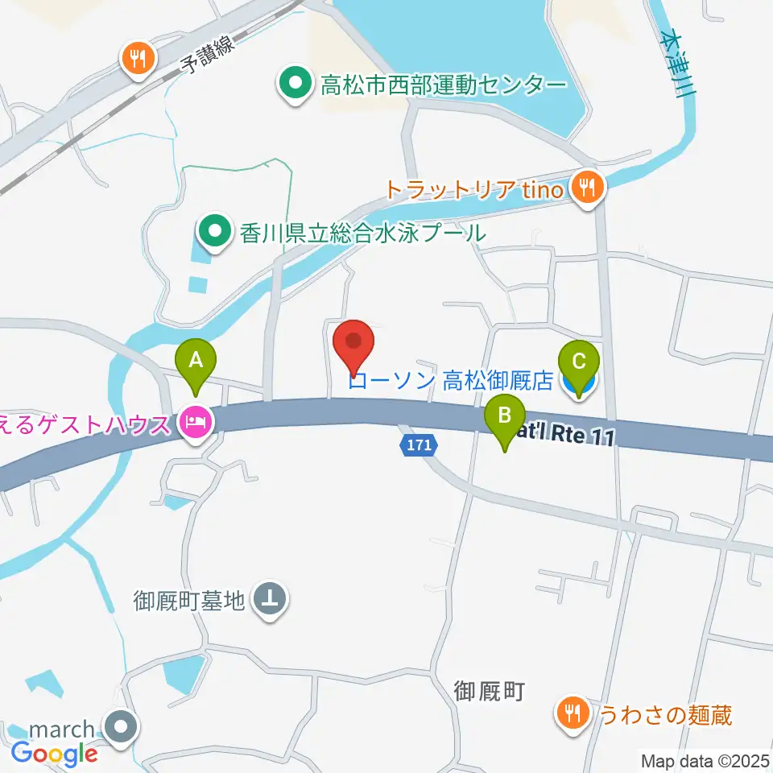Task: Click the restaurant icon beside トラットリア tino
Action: (x=585, y=188)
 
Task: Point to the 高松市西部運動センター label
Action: (x=443, y=84)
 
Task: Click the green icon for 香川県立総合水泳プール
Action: (x=214, y=233)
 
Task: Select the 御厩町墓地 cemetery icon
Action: (x=269, y=599)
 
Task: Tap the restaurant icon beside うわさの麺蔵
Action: (x=573, y=712)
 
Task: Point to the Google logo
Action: (x=54, y=754)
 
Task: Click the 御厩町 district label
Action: (x=490, y=690)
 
